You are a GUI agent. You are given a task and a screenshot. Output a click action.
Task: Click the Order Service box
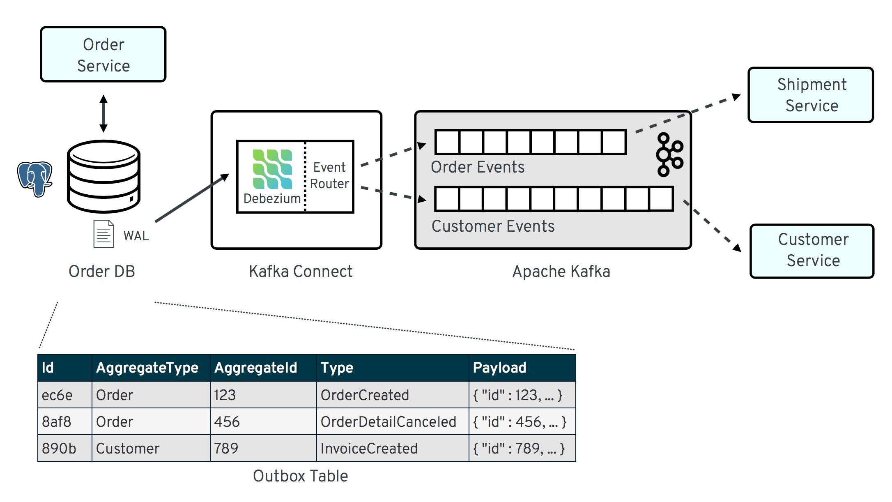(x=103, y=55)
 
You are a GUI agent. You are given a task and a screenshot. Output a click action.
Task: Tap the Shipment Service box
(x=811, y=95)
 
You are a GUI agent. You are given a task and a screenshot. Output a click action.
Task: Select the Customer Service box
(x=812, y=251)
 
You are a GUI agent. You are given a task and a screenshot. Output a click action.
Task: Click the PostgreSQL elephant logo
(x=35, y=179)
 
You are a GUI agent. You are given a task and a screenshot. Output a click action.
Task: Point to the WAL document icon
(x=103, y=234)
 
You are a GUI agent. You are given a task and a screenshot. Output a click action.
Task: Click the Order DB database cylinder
(x=103, y=177)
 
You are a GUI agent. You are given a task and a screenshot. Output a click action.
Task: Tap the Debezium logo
(x=272, y=169)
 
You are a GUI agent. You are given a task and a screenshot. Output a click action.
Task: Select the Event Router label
(x=329, y=175)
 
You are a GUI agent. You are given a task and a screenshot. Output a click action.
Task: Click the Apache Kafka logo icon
(x=669, y=155)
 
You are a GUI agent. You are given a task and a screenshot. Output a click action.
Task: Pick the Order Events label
(x=478, y=167)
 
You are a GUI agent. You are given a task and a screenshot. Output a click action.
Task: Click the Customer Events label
(x=493, y=226)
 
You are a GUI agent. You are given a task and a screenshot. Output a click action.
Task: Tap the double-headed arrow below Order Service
(x=103, y=113)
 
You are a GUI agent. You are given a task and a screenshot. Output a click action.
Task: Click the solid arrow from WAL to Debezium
(x=191, y=198)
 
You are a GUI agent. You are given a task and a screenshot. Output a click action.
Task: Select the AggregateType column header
(x=147, y=368)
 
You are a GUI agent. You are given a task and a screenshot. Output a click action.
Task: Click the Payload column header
(x=499, y=368)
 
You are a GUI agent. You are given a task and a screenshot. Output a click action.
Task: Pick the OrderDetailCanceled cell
(x=388, y=422)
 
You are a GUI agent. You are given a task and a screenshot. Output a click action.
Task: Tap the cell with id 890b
(x=59, y=448)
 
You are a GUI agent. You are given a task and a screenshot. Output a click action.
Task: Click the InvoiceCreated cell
(x=369, y=448)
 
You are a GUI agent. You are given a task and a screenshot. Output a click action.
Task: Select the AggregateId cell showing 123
(x=225, y=395)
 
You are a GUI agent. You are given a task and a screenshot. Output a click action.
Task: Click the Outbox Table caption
(x=300, y=476)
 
